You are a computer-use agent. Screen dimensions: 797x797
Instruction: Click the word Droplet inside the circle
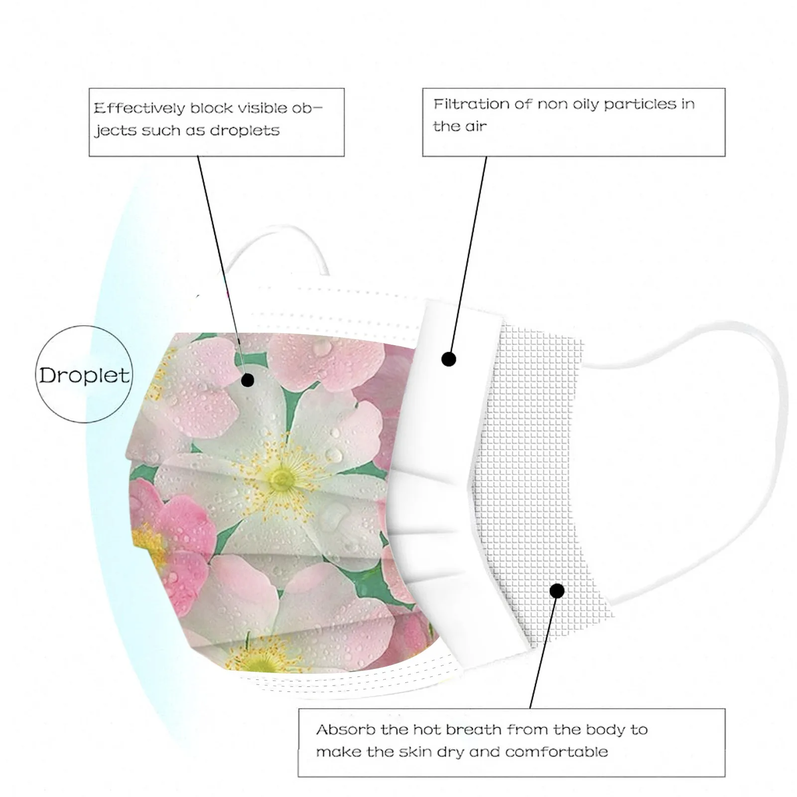[84, 375]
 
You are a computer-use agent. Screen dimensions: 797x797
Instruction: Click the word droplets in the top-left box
[245, 131]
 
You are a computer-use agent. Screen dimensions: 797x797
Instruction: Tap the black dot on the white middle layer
[449, 359]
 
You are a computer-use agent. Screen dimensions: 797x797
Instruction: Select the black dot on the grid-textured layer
[557, 591]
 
